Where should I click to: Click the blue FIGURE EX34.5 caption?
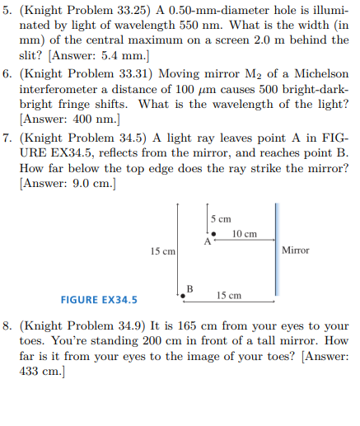(x=99, y=299)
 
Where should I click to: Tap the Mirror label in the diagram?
(x=296, y=250)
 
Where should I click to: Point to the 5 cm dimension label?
(x=220, y=218)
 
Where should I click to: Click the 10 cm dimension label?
(x=245, y=234)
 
